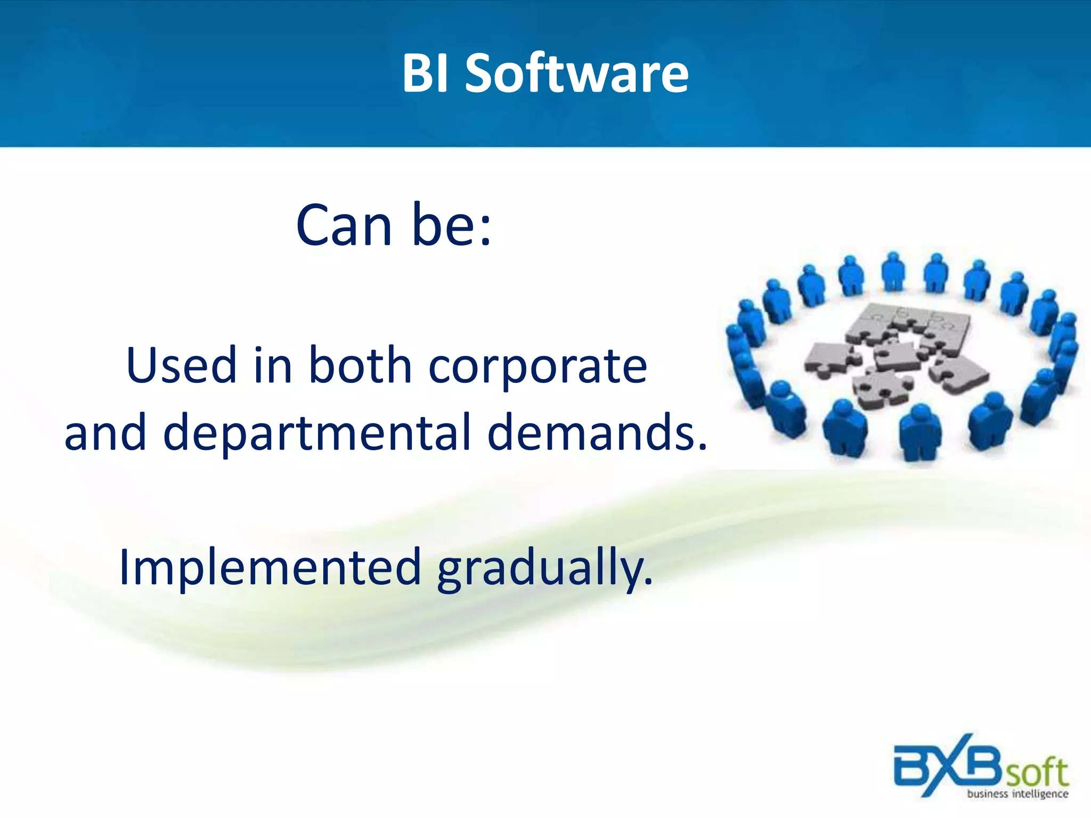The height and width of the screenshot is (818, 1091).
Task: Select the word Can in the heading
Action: [344, 226]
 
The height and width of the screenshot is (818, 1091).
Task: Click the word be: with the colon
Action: [451, 226]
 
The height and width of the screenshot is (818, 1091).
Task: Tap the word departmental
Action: [317, 432]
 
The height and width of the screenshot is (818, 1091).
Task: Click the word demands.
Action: [597, 432]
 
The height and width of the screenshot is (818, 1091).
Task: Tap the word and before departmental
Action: [105, 432]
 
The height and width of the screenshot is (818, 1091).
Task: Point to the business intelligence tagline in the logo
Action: [1017, 794]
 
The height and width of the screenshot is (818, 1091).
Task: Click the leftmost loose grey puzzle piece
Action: [831, 358]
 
